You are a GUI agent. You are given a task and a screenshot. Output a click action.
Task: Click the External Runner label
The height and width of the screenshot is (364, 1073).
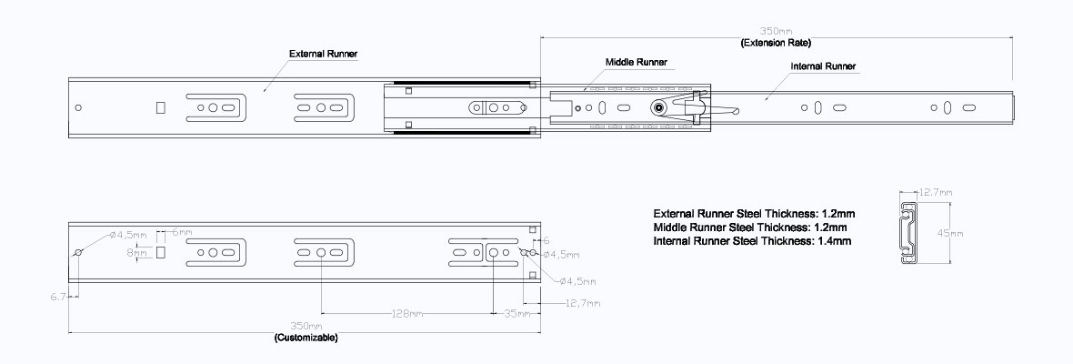pyautogui.click(x=323, y=54)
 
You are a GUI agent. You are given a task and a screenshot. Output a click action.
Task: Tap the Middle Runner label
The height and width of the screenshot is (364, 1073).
pyautogui.click(x=637, y=62)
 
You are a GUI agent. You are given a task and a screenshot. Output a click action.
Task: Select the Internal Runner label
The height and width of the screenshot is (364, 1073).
pyautogui.click(x=823, y=66)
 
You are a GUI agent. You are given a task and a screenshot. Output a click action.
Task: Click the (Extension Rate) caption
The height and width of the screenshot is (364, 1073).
pyautogui.click(x=776, y=43)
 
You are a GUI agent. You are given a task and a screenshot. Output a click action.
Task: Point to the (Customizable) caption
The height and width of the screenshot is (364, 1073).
pyautogui.click(x=306, y=338)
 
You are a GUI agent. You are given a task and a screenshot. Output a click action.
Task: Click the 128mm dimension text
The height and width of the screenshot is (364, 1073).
pyautogui.click(x=405, y=314)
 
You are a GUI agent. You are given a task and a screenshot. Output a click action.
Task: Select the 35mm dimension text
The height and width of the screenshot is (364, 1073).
pyautogui.click(x=516, y=314)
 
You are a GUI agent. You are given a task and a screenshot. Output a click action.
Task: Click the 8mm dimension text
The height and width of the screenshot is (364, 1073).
pyautogui.click(x=137, y=254)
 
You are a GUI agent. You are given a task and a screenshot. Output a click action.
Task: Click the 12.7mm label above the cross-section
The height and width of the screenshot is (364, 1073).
pyautogui.click(x=935, y=193)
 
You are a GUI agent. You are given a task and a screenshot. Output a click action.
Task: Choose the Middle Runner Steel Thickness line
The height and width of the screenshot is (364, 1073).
pyautogui.click(x=750, y=227)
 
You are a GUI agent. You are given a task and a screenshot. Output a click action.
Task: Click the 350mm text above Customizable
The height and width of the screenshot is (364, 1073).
pyautogui.click(x=306, y=326)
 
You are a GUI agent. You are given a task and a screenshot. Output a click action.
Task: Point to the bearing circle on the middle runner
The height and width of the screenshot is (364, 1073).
pyautogui.click(x=657, y=107)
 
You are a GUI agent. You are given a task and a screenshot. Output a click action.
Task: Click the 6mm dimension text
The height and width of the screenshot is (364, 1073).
pyautogui.click(x=181, y=232)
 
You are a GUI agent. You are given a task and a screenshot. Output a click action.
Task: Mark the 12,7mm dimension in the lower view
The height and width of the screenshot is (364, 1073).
pyautogui.click(x=581, y=302)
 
